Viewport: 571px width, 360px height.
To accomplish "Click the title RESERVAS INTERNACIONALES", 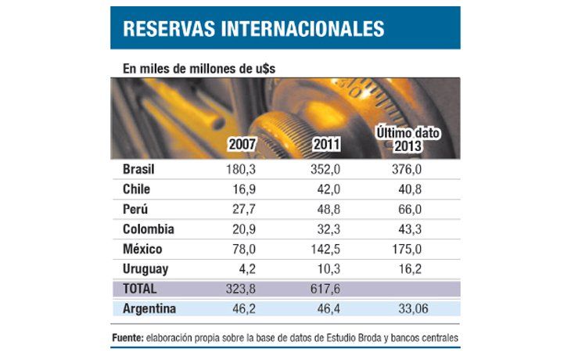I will [253, 29].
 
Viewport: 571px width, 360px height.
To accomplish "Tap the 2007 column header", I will [242, 145].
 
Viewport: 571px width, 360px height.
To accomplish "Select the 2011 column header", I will [325, 145].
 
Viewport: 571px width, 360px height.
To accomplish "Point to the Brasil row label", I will [139, 170].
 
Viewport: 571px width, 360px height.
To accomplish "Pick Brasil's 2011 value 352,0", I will [325, 170].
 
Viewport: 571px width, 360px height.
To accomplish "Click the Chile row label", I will [137, 189].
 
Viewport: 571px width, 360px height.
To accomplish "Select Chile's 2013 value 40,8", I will [406, 189].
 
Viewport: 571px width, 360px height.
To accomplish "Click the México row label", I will [142, 250].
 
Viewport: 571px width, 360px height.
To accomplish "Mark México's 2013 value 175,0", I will [406, 250].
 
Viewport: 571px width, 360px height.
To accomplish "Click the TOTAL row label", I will [140, 289].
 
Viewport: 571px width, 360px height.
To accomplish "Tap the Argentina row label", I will [149, 309].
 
